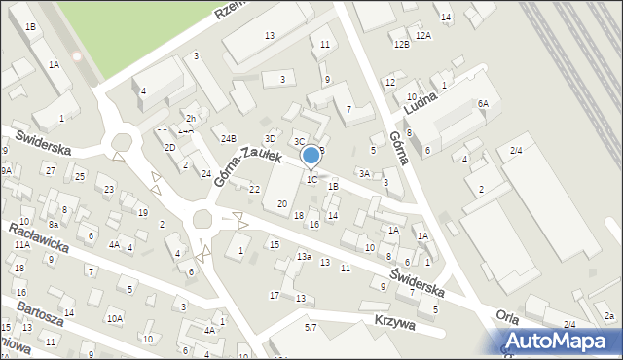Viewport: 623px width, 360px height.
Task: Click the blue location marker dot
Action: pos(311,155)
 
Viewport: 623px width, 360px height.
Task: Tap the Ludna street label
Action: pos(435,97)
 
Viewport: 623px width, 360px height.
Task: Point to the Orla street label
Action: pos(506,316)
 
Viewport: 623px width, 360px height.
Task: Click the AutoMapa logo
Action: pos(562,340)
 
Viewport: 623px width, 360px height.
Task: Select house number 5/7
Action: pos(310,328)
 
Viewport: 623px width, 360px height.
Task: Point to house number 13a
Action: pos(304,256)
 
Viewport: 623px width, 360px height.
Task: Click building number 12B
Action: pos(401,45)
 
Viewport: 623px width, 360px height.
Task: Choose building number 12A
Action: pos(422,35)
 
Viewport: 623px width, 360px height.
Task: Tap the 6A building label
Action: pos(482,103)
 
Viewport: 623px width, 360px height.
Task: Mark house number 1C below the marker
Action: pos(311,179)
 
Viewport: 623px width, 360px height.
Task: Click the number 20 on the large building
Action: pos(282,203)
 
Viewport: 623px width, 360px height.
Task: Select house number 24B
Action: pos(228,138)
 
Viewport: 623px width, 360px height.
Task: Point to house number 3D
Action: pos(271,138)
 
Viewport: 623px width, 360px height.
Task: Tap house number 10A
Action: pos(115,318)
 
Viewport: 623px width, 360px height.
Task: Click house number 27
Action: pos(50,170)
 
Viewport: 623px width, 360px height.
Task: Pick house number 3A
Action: pos(364,173)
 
